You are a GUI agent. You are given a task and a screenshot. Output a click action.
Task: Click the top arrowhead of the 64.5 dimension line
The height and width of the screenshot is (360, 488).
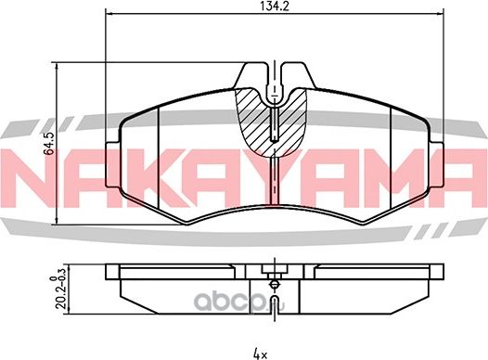[x=58, y=66]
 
